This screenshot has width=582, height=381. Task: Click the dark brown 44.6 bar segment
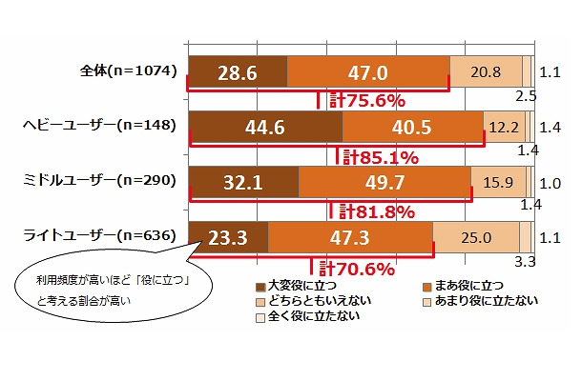[x=265, y=126]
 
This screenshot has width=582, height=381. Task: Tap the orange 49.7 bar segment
[x=385, y=181]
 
